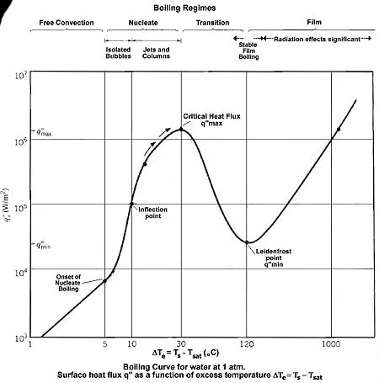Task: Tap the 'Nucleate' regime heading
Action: (143, 23)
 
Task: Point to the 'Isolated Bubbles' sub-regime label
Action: (118, 52)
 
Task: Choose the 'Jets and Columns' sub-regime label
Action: (157, 52)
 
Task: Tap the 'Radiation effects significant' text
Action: (316, 39)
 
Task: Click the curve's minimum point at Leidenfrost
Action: (248, 242)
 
